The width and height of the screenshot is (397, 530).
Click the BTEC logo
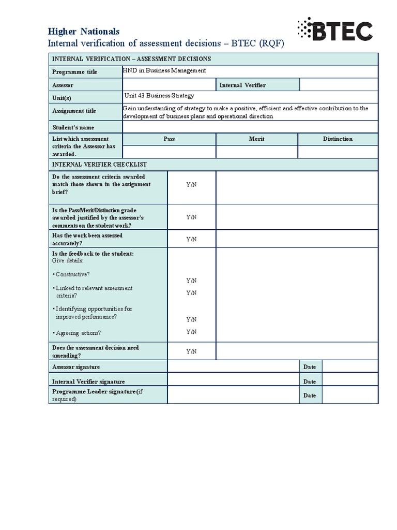tap(334, 30)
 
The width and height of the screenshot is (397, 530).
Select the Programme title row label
tap(74, 72)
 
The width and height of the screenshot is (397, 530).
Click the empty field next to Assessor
tap(169, 84)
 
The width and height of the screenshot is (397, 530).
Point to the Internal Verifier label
tap(242, 85)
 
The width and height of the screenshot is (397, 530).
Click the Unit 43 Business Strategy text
tap(159, 96)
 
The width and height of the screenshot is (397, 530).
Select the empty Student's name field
tap(250, 127)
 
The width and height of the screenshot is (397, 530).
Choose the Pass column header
tap(169, 139)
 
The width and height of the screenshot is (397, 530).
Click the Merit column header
tap(257, 139)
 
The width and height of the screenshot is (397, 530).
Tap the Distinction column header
tap(338, 139)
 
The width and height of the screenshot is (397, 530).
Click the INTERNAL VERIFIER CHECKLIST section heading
tap(99, 164)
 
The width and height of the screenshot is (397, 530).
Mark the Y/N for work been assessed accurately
tap(191, 239)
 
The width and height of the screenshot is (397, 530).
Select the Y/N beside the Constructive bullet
tap(191, 280)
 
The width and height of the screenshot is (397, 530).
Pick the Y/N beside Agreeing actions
tap(191, 331)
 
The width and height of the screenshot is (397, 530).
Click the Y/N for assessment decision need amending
tap(191, 351)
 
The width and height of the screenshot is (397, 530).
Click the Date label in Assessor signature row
tap(310, 367)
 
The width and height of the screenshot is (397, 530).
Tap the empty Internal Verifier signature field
tap(234, 381)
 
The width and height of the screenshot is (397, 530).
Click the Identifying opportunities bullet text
tap(93, 313)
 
